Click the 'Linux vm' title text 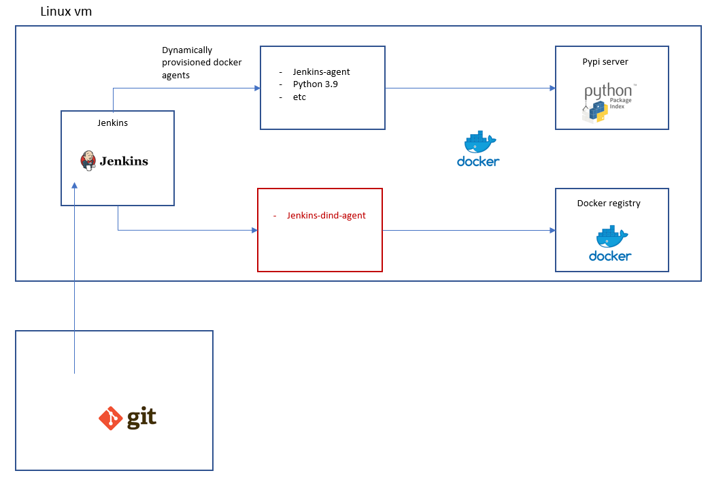coord(66,11)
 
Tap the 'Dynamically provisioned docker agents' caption coord(201,63)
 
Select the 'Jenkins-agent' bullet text coord(321,71)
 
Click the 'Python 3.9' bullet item coord(316,84)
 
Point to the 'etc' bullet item coord(300,97)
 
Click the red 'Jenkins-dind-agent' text coord(326,216)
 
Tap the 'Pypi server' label coord(605,61)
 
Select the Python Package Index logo coord(609,103)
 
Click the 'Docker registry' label coord(609,204)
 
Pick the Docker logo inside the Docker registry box coord(610,244)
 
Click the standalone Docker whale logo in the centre coord(478,148)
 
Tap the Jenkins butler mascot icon coord(88,161)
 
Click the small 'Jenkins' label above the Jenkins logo coord(112,123)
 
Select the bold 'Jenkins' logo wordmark coord(124,161)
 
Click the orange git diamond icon coord(110,418)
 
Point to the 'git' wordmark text coord(141,417)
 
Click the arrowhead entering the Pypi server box coord(552,88)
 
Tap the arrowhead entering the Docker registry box coord(552,230)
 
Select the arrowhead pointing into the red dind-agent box coord(254,230)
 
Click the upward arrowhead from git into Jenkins coord(74,186)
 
